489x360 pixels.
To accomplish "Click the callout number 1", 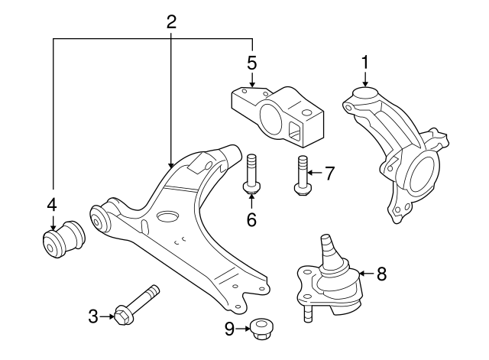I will (x=365, y=61).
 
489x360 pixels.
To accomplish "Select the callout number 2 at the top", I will (x=171, y=21).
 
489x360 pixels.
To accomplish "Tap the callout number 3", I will (x=93, y=316).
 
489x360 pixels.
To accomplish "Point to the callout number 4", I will (x=52, y=204).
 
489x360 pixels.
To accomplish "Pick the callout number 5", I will (x=251, y=61).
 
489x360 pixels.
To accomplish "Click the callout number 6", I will (x=251, y=219).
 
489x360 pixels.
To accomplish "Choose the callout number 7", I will (x=329, y=174).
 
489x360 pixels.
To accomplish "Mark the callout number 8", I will (x=381, y=272).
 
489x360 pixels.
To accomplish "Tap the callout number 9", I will (x=228, y=330).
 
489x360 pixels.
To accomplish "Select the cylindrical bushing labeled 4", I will (x=63, y=240).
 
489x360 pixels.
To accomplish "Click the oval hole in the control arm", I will (x=167, y=218).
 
